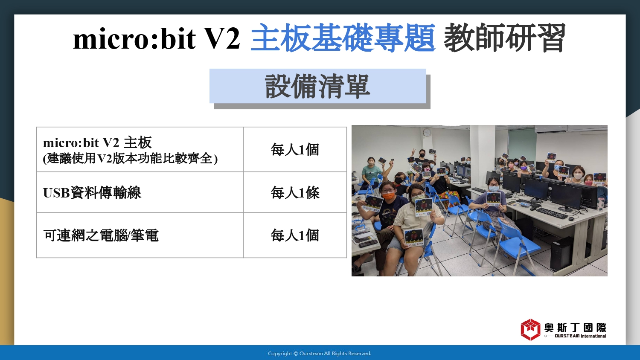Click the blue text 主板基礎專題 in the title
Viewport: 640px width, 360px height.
[x=343, y=38]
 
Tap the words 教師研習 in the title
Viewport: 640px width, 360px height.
[x=505, y=38]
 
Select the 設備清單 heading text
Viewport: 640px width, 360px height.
[x=317, y=86]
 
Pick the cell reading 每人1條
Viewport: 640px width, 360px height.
[x=295, y=192]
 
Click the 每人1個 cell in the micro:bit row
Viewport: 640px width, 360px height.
[x=295, y=149]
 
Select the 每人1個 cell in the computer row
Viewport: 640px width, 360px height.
[x=295, y=235]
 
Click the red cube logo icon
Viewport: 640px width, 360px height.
[x=530, y=330]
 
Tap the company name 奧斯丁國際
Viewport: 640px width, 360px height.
[x=575, y=328]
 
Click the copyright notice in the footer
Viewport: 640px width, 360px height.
[x=320, y=354]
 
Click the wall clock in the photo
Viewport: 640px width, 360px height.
[x=427, y=132]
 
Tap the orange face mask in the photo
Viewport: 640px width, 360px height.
[x=388, y=196]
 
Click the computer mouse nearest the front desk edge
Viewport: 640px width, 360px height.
[x=571, y=219]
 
